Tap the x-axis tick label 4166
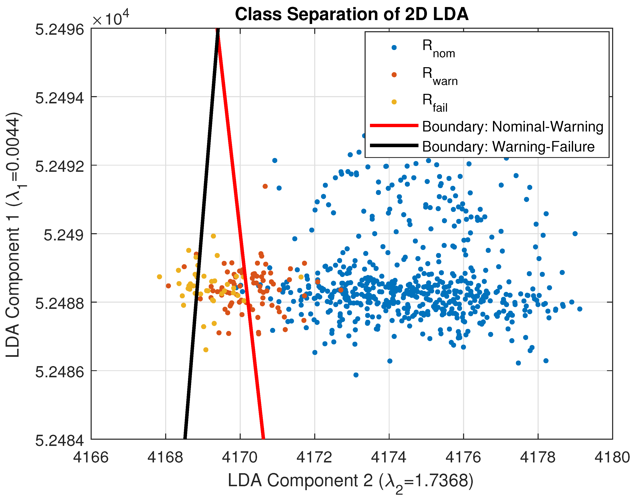(91, 457)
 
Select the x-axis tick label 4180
(612, 457)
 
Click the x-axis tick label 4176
(463, 457)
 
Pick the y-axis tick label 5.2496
(60, 30)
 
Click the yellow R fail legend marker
(394, 102)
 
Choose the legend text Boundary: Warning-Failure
(508, 146)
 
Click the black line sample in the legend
(394, 145)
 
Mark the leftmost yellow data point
(159, 277)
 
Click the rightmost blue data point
(579, 309)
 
